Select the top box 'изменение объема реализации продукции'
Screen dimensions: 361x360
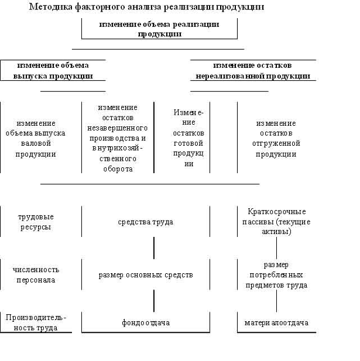coord(159,29)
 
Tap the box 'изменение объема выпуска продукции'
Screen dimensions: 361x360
coord(53,70)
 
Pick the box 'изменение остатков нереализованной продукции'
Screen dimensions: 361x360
coord(253,70)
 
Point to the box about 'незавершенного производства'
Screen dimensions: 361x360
coord(118,138)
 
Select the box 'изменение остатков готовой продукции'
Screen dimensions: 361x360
coord(188,138)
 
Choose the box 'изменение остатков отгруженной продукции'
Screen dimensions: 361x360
coord(276,139)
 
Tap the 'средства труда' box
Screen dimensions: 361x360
coord(145,222)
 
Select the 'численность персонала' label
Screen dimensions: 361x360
coord(36,274)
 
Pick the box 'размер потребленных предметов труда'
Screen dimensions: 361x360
coord(277,275)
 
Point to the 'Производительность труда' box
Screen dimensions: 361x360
coord(36,322)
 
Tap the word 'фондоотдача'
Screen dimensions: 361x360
coord(146,322)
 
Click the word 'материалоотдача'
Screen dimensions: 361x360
coord(277,322)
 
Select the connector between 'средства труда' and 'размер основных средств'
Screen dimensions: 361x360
coord(154,247)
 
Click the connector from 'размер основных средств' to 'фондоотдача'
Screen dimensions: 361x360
coord(154,300)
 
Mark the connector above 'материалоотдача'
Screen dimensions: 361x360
coord(277,301)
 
